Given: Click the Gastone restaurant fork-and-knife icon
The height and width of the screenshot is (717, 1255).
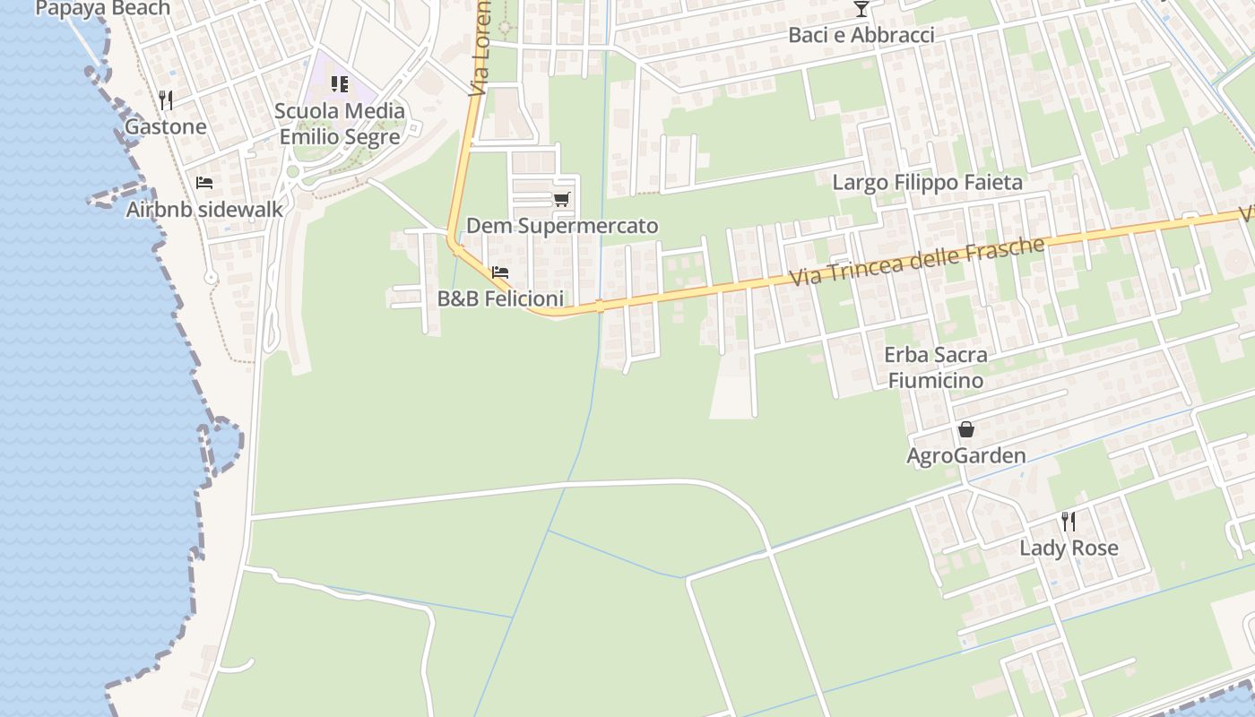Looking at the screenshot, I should pos(165,99).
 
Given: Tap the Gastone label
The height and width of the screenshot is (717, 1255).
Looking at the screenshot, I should pos(165,126).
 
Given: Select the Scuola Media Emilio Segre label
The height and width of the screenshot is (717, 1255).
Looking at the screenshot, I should pos(340,124).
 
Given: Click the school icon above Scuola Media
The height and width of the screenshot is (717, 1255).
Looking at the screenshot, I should pos(340,84).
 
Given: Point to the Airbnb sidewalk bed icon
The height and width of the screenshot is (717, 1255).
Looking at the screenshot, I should pos(204,183).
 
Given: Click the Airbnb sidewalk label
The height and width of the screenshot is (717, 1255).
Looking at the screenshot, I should pos(204,210).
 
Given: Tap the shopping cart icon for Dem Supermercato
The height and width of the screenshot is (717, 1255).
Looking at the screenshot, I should pos(562,199).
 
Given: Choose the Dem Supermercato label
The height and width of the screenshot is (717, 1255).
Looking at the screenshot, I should pos(562,226).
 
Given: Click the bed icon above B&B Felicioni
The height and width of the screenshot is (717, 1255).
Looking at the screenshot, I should pos(500,272).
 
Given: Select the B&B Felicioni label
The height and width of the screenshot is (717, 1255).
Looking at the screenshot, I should pos(500,299).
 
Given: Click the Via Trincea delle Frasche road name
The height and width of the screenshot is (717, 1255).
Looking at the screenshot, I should pos(917,262).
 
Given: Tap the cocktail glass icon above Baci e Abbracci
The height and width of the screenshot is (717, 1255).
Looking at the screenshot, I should pos(861,9).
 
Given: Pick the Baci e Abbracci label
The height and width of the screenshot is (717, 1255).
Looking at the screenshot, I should pos(861,35).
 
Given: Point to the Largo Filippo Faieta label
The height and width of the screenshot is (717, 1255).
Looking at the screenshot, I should pos(927,183).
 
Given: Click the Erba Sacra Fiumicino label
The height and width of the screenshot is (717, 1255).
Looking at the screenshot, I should pos(936,367).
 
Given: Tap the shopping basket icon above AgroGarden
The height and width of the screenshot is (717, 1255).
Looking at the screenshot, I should pos(966,429).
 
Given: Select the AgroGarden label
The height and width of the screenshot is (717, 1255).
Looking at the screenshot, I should pos(966,456).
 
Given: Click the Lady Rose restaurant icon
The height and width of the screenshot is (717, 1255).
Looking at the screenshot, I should pos(1069,521).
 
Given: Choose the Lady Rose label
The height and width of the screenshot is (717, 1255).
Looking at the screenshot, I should pos(1069,549).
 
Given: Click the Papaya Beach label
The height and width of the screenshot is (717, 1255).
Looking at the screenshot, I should pos(102,9).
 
